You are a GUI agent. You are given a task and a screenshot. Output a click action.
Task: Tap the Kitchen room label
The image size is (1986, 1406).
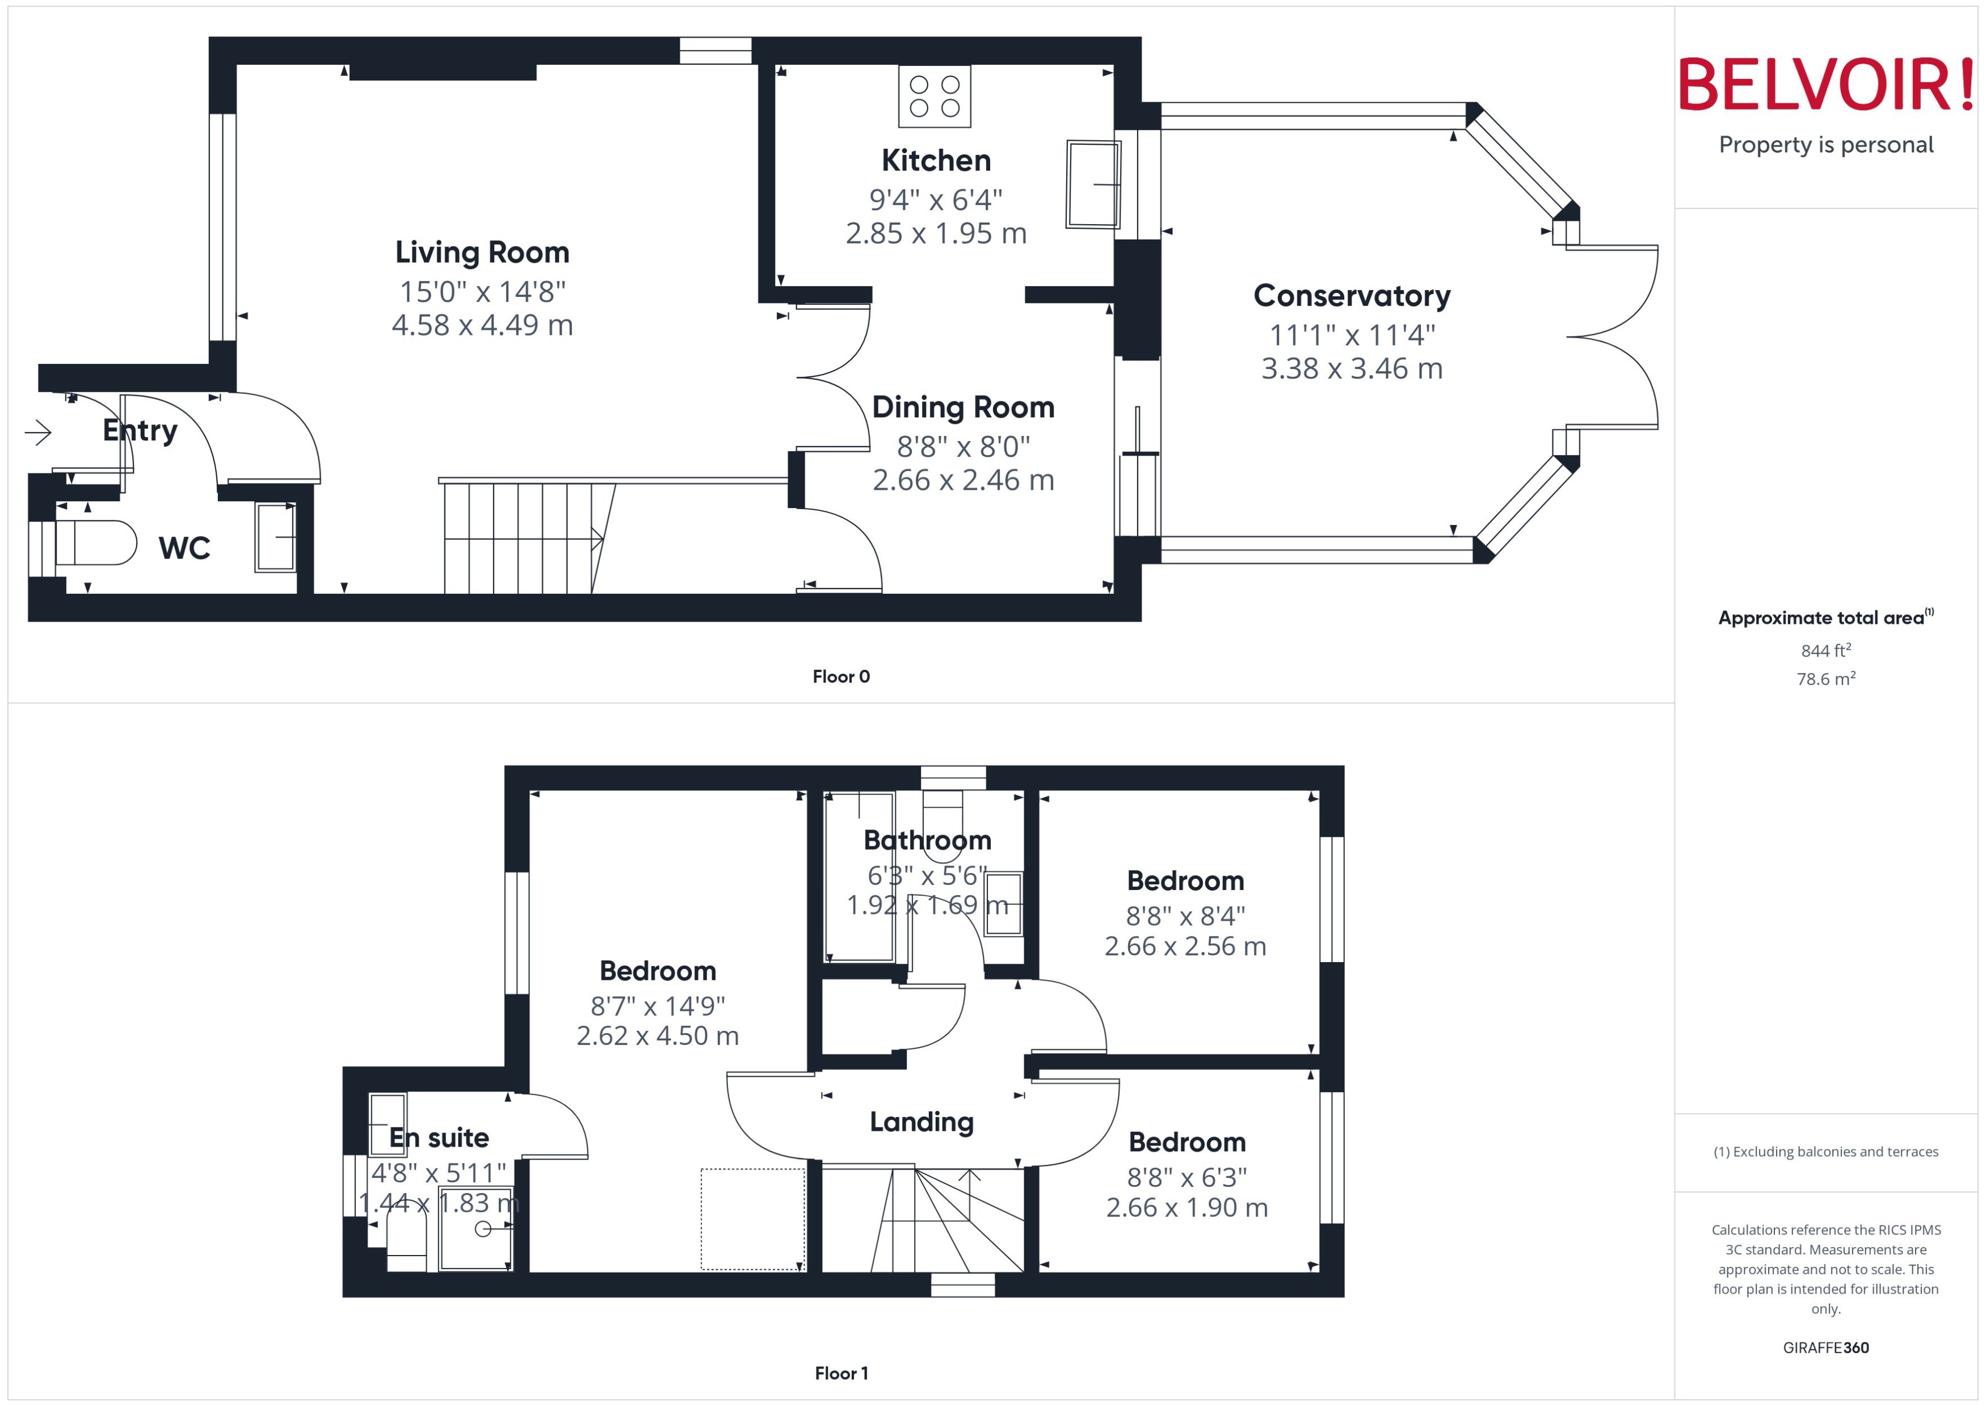point(936,160)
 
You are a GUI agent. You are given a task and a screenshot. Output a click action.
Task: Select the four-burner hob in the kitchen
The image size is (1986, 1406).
point(935,96)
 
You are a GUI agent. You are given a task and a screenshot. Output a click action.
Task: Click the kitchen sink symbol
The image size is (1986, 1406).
point(1093,184)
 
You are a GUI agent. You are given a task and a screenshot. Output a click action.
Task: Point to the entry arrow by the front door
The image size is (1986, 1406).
point(38,432)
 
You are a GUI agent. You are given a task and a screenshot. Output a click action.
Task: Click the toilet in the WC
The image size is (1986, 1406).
point(95,543)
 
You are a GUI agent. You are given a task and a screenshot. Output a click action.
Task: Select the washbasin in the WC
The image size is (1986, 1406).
point(275,538)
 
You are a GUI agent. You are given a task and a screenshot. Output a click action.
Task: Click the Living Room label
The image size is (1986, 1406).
point(482,252)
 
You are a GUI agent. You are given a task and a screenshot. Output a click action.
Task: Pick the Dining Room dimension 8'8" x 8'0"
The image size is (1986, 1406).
point(963,447)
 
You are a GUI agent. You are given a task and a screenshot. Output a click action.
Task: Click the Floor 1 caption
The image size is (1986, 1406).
point(840,1373)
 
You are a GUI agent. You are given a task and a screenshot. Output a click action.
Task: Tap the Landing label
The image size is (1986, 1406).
point(922,1122)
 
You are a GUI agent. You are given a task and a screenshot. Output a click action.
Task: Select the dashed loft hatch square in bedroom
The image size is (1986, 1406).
point(752,1219)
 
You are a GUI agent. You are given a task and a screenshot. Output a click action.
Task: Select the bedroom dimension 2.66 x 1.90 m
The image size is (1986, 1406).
point(1186,1208)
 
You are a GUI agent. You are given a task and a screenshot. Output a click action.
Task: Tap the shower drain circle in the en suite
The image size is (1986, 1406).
point(483,1228)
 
